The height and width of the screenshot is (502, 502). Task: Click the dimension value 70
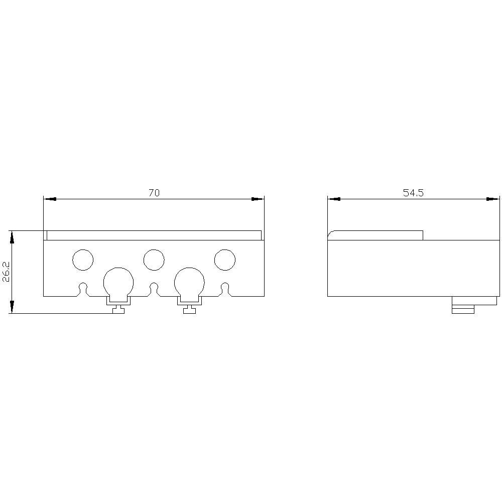154,193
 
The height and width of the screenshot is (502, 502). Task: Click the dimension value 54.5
413,193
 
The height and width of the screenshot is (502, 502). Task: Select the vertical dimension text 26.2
6,272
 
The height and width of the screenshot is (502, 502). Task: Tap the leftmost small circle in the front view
83,260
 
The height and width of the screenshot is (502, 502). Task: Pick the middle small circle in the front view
154,260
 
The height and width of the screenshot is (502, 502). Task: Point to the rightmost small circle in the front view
225,260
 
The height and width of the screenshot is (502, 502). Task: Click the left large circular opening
118,282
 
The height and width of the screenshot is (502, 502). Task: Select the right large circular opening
189,282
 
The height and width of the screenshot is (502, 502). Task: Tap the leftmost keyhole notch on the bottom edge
83,289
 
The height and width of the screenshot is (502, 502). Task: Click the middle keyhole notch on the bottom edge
154,289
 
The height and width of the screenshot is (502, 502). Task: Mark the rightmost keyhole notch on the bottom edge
225,289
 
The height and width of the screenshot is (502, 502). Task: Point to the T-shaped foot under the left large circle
118,309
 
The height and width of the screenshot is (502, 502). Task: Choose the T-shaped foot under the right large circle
189,309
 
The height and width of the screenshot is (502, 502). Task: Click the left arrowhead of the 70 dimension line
50,199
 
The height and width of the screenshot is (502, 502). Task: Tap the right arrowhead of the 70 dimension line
258,199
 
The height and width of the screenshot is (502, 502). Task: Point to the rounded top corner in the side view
331,234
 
